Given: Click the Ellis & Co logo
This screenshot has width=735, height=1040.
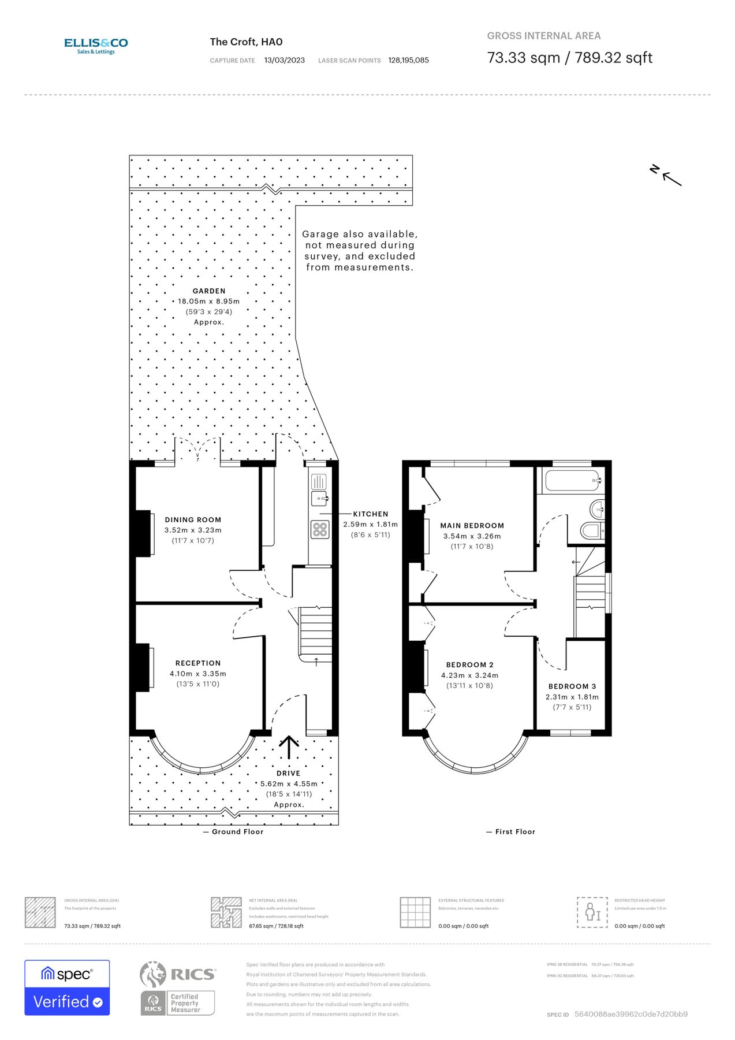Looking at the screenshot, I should [x=96, y=46].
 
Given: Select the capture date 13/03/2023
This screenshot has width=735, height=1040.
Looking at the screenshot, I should [x=284, y=60].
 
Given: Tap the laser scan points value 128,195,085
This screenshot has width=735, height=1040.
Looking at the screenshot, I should [x=408, y=60].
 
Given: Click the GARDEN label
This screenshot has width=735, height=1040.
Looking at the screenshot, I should [x=209, y=291].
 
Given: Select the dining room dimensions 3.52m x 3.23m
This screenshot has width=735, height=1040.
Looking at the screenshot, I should [x=193, y=530].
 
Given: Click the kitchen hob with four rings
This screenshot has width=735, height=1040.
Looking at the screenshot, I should [x=320, y=529].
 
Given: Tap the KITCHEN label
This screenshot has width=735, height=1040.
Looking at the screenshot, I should [x=371, y=514].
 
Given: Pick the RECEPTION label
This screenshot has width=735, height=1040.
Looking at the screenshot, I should [x=198, y=663].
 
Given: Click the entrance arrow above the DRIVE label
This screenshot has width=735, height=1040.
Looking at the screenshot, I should [x=289, y=747].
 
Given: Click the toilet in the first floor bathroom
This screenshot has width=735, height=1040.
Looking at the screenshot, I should [x=591, y=530].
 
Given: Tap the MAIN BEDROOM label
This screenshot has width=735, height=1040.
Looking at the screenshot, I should [x=472, y=526].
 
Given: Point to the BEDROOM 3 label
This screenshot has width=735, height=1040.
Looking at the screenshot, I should [x=572, y=686].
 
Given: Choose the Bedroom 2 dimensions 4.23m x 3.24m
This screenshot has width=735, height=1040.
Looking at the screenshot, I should [x=469, y=675].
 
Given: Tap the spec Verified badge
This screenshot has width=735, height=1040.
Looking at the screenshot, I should [x=67, y=987].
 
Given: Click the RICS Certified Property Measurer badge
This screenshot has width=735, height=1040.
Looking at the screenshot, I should [x=178, y=988].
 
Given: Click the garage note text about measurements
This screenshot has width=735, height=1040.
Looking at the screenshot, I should [x=360, y=251].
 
